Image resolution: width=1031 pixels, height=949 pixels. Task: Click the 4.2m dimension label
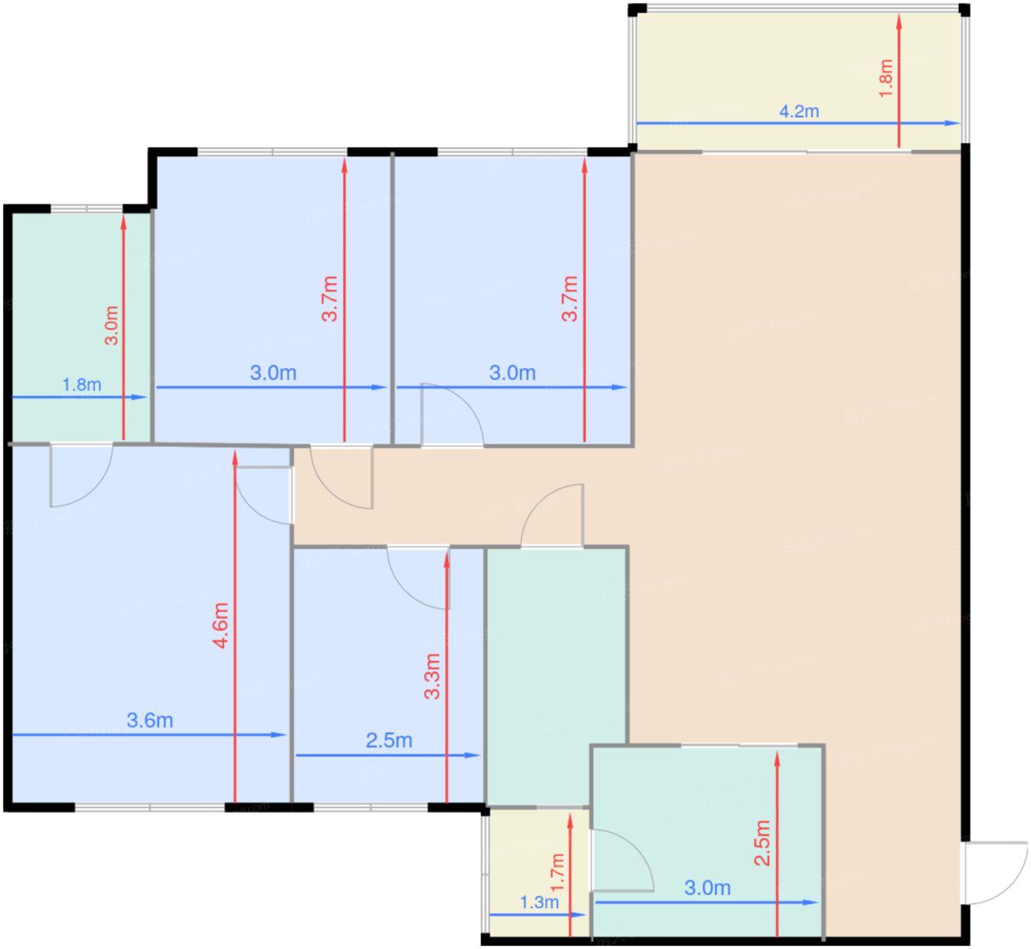coord(799,111)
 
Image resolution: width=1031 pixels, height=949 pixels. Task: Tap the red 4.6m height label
coord(221,625)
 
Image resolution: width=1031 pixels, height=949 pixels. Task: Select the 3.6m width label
coord(149,720)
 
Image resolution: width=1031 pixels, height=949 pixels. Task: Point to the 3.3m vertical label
coord(432,676)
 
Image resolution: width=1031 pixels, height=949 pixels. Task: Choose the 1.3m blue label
coord(539,902)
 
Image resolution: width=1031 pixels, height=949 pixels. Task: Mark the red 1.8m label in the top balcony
coord(886,78)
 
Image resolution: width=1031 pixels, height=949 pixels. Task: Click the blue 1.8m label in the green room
coord(82,384)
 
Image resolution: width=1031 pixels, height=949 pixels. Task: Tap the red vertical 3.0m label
coord(111,325)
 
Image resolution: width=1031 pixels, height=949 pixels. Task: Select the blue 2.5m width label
coord(389,740)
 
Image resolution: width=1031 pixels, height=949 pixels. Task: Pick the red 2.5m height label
coord(762,842)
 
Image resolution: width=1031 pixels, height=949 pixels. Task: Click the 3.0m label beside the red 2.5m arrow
coord(707,888)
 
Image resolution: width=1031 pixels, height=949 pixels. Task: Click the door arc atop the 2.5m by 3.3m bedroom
coord(416,578)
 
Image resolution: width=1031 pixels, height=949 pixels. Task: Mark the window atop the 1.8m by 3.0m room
coord(86,209)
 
